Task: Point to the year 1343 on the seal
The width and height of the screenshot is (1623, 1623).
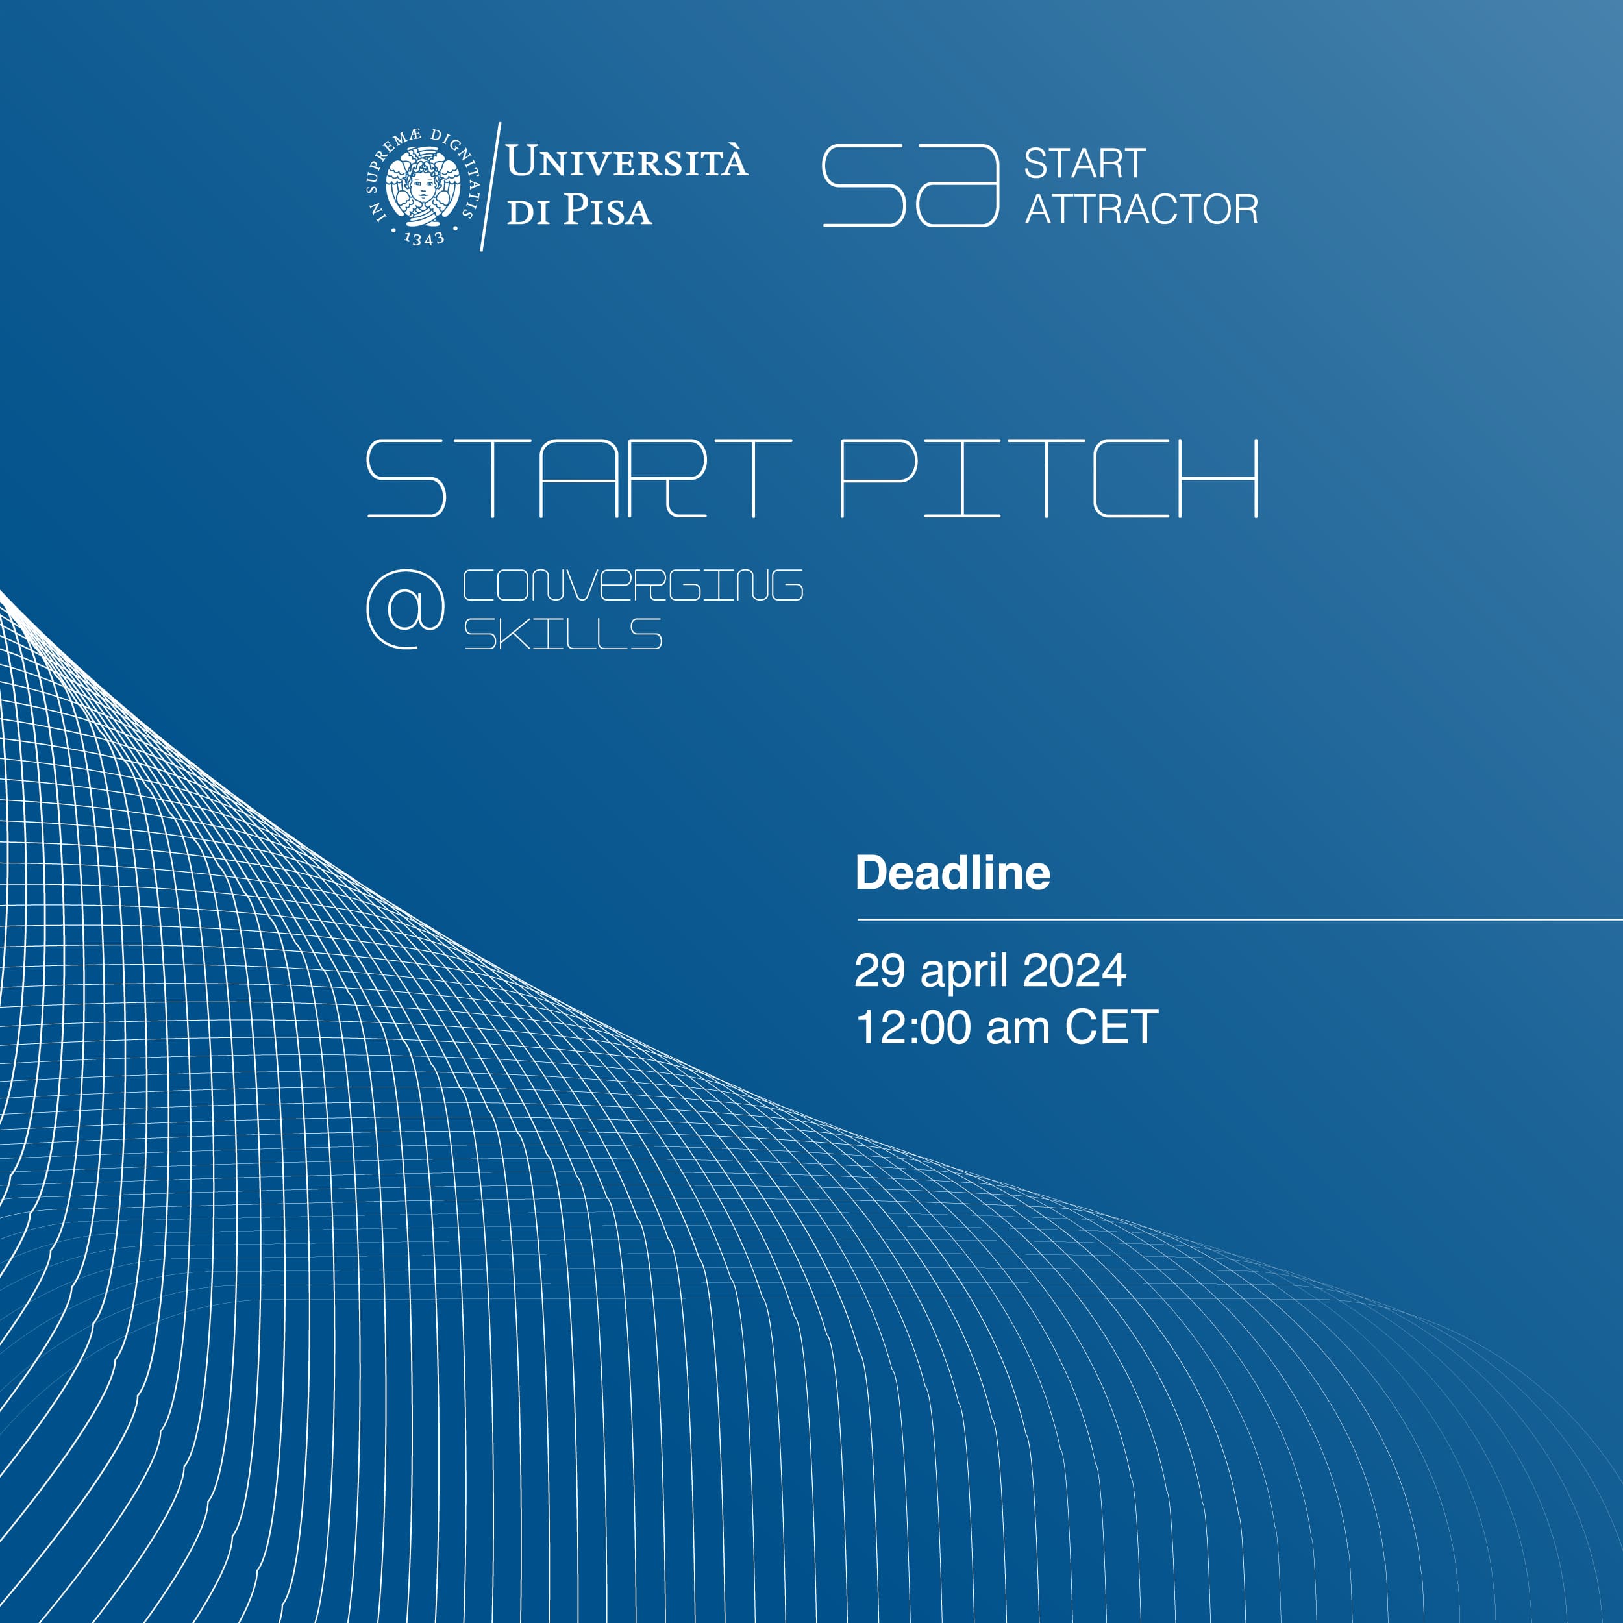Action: click(423, 238)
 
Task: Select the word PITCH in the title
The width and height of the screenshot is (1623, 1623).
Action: click(1049, 478)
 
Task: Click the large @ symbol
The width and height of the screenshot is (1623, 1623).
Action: click(406, 609)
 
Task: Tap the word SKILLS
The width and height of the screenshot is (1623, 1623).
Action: click(563, 634)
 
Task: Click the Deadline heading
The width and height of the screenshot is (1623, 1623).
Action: click(952, 873)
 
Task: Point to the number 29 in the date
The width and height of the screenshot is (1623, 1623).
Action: click(880, 971)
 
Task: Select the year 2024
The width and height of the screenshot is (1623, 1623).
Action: click(1074, 971)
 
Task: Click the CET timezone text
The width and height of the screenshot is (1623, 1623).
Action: click(1111, 1028)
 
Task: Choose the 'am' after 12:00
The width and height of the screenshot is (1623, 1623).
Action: click(1017, 1032)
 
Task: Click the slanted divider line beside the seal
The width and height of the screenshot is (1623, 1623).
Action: click(491, 186)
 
